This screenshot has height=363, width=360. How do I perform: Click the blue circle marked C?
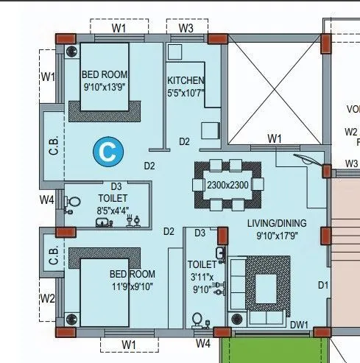[x=107, y=152]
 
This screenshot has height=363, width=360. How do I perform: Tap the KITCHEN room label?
[x=186, y=80]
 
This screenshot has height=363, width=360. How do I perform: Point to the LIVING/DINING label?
[x=277, y=223]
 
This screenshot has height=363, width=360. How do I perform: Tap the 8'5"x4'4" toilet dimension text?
[x=113, y=211]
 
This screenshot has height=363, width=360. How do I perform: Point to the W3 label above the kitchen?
[x=186, y=29]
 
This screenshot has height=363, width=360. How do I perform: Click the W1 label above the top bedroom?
[x=119, y=29]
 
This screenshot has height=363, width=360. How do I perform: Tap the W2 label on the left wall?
[x=47, y=298]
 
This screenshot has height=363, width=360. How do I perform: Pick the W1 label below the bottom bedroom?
[x=130, y=344]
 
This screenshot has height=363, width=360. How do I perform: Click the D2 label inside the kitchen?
[x=184, y=141]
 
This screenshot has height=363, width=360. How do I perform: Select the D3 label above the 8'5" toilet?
[x=116, y=187]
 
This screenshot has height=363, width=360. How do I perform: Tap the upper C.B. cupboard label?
[x=53, y=145]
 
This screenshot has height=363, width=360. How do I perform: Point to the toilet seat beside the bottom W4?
[x=196, y=319]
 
